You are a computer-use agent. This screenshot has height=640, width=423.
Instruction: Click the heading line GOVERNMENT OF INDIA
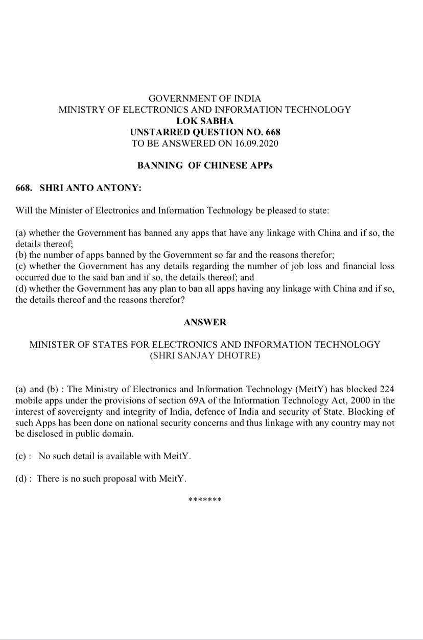(x=204, y=98)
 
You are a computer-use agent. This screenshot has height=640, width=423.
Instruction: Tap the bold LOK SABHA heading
(x=204, y=121)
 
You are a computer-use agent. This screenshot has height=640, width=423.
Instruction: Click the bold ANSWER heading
(x=204, y=322)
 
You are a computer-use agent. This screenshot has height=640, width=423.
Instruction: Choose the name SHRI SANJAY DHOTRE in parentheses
(x=204, y=355)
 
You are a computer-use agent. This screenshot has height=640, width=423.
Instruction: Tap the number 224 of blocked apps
(x=386, y=389)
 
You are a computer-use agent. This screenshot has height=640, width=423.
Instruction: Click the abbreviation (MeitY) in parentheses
(x=312, y=389)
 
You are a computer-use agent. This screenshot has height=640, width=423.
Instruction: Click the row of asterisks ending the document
(x=204, y=500)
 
